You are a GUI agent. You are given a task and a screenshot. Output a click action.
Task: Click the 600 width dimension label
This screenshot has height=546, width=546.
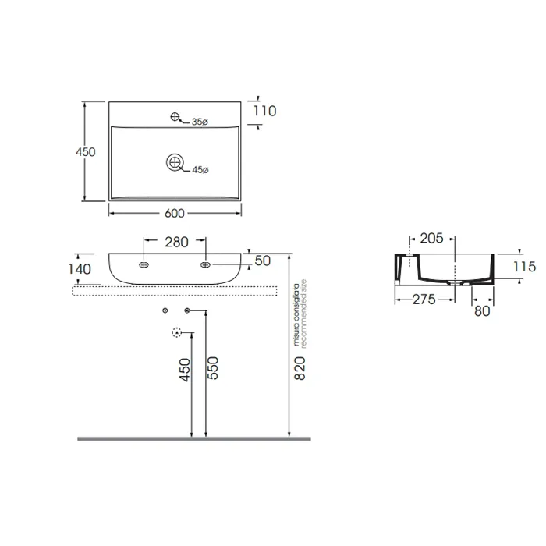point(175,213)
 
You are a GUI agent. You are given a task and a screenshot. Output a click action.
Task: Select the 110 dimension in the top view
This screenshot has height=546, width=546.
point(265,111)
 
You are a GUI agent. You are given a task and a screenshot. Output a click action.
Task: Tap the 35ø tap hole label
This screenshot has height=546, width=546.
point(200,122)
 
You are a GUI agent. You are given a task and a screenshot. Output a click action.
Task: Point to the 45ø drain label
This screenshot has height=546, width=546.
point(200,170)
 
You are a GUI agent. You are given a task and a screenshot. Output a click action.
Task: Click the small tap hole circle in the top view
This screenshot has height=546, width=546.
point(175,117)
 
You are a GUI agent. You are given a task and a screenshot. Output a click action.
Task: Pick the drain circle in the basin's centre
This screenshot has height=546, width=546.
point(175,162)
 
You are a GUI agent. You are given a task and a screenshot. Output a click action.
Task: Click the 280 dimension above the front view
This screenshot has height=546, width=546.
point(176,242)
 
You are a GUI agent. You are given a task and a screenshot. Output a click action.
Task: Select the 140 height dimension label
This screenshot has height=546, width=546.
point(80,269)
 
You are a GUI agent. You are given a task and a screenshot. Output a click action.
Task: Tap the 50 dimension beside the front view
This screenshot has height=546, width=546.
point(263,261)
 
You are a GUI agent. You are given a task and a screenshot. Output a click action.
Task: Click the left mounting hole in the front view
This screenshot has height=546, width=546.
point(144,265)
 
